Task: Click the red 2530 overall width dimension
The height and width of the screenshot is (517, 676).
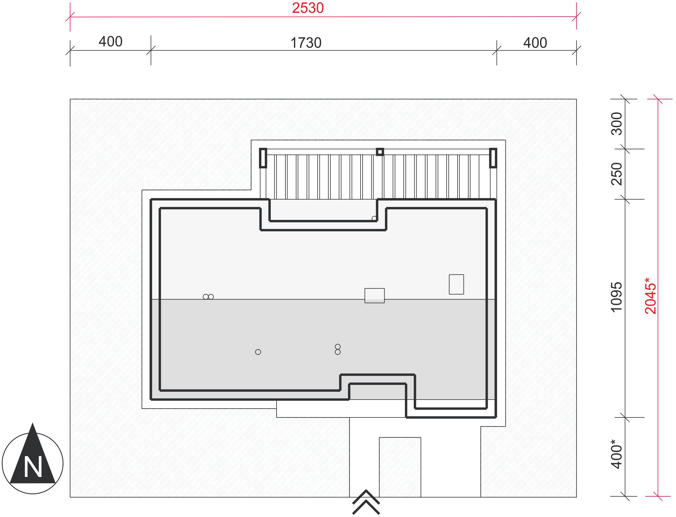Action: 308,8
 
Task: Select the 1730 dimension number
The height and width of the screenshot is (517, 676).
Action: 306,43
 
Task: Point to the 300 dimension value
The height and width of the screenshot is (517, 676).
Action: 617,124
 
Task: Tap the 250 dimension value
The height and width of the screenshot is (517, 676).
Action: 617,174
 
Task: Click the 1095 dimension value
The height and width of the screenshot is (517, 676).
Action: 617,297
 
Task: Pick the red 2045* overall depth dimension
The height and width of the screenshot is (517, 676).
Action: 651,296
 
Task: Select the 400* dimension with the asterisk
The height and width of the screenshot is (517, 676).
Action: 617,454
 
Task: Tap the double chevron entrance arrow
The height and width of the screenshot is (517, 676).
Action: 366,502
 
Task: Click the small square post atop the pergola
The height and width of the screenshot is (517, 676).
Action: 380,152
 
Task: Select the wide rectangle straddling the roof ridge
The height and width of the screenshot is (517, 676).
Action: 375,295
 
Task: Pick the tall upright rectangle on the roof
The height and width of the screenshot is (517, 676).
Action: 456,284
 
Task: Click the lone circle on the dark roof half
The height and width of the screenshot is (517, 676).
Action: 258,352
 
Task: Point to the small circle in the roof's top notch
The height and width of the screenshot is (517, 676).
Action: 374,218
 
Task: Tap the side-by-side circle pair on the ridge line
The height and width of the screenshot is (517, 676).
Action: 208,297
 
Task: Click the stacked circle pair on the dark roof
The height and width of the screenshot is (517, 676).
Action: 337,349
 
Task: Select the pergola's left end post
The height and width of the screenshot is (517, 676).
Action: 263,158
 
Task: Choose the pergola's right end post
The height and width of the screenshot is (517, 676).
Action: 493,158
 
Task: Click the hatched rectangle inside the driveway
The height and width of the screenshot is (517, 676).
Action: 400,467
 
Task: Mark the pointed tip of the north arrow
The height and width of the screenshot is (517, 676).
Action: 33,423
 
